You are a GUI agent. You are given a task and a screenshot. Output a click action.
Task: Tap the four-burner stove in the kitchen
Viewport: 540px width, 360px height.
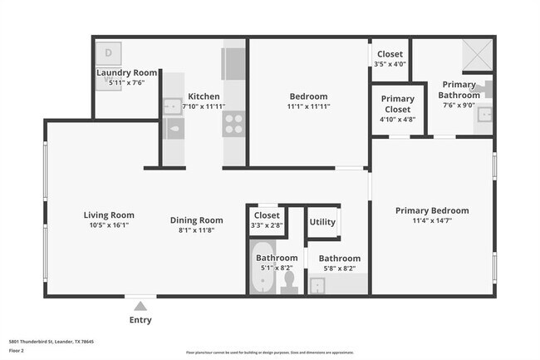tap(233, 124)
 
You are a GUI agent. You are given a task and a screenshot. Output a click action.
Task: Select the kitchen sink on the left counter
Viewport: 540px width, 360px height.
tap(173, 106)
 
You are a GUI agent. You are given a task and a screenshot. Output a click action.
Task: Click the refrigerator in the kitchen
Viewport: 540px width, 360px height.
tap(233, 63)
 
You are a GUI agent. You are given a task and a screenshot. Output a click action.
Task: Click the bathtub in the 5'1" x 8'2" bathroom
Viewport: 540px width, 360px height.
tap(264, 280)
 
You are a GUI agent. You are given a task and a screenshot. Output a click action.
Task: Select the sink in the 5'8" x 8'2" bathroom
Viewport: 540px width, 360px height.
tap(319, 285)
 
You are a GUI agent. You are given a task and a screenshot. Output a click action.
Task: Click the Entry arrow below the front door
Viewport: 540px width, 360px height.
tap(140, 305)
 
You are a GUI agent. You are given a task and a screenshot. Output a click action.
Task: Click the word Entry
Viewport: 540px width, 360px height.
tap(140, 320)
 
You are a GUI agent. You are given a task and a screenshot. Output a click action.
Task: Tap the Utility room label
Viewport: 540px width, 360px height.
tap(322, 222)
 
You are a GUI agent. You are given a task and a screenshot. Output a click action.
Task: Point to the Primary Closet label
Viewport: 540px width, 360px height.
tap(397, 104)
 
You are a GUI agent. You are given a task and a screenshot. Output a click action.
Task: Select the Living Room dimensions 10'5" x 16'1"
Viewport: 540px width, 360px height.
tap(109, 225)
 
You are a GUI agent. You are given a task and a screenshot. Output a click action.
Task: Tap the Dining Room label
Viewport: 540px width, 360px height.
tap(197, 219)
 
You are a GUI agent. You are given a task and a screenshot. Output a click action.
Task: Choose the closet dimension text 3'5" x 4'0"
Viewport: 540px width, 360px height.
tap(389, 64)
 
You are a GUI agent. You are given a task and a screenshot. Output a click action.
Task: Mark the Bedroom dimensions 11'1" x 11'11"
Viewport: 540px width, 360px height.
tap(308, 106)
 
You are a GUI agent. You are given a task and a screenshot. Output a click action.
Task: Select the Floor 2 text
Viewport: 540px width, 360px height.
tap(17, 352)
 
